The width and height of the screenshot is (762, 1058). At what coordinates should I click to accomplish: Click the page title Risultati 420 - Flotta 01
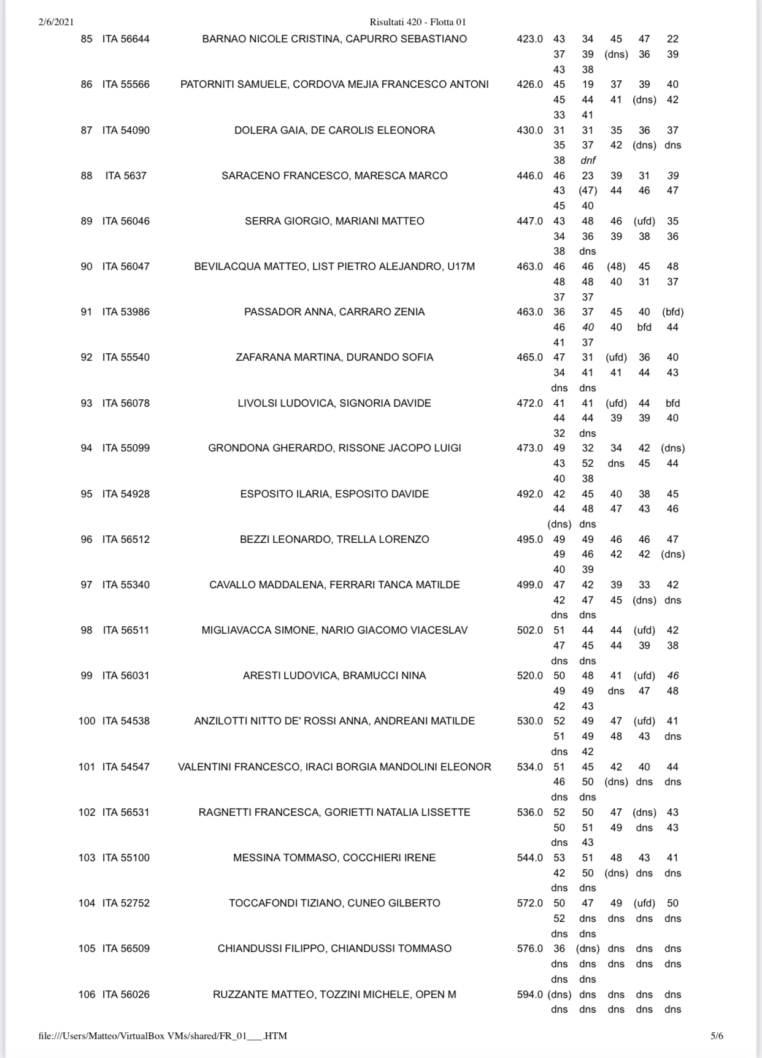tap(417, 22)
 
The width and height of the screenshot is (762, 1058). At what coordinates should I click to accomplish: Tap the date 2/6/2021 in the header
tap(56, 22)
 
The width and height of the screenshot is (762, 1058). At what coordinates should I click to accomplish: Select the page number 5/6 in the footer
tap(717, 1036)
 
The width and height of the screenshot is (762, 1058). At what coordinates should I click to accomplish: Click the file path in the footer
tap(163, 1036)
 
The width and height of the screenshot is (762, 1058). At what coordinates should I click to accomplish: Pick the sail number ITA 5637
tap(126, 175)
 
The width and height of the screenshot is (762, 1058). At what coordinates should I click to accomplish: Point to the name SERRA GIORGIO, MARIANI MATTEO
tap(334, 221)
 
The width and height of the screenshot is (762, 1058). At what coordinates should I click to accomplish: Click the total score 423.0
tap(529, 39)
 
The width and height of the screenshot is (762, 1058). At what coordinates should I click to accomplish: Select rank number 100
tap(87, 721)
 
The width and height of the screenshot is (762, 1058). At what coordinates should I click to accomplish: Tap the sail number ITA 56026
tap(126, 994)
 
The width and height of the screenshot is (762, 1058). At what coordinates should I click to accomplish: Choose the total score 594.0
tap(529, 994)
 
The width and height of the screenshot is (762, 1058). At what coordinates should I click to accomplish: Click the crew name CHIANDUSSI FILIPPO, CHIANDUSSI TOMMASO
tap(334, 948)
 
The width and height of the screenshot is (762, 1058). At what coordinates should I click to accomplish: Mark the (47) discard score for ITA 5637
tap(588, 191)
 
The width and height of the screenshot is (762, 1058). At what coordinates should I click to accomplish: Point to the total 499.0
tap(529, 585)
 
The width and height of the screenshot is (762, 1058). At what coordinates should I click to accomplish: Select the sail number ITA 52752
tap(126, 903)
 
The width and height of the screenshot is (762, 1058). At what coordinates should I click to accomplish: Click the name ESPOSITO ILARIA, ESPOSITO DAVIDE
tap(334, 494)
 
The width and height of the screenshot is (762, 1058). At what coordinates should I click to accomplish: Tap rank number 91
tap(87, 312)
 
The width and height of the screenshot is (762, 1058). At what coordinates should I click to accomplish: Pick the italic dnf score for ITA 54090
tap(588, 160)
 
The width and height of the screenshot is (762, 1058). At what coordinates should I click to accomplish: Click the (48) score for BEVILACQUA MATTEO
tap(616, 266)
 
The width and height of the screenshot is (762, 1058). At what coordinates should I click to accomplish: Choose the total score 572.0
tap(529, 903)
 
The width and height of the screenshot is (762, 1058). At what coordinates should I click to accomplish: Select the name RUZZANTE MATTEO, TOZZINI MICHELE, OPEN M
tap(334, 994)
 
